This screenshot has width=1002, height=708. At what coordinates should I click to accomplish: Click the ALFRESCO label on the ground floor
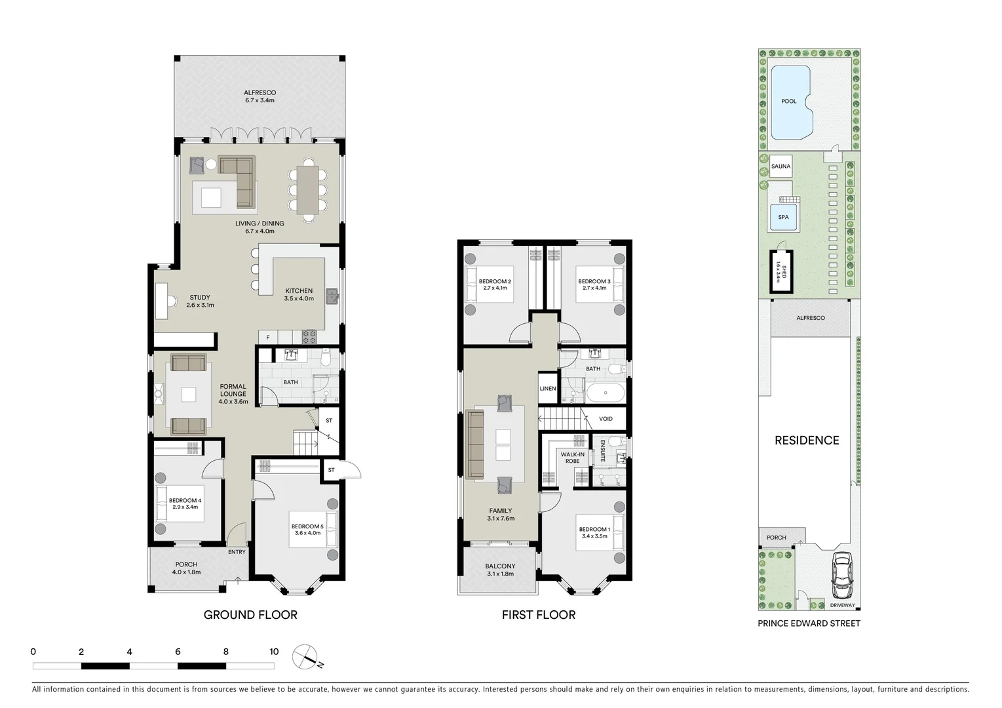pos(260,93)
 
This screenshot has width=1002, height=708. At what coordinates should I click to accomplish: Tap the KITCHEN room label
pos(299,291)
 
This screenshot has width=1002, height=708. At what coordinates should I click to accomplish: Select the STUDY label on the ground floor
pos(200,298)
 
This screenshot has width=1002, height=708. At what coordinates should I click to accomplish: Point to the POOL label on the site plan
pos(789,102)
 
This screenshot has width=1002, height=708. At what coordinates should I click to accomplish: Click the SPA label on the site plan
pos(783,218)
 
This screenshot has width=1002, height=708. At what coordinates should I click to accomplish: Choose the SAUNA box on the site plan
pos(780,167)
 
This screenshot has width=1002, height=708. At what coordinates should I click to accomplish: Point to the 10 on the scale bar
pos(274,652)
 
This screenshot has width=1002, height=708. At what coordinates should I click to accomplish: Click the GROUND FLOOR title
pos(250,615)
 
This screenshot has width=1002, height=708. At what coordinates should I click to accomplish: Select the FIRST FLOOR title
pos(539,615)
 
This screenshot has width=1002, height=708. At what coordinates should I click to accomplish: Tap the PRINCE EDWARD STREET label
pos(809,623)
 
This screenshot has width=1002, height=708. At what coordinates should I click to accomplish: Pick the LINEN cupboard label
pos(548,389)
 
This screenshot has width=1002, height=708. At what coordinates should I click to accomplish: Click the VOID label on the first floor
pos(606,419)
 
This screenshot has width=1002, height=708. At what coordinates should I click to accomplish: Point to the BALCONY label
pos(500,566)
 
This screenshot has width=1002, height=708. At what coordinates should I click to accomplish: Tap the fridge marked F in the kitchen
pos(267,338)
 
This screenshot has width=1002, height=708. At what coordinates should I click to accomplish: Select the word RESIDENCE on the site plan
pos(807,441)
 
